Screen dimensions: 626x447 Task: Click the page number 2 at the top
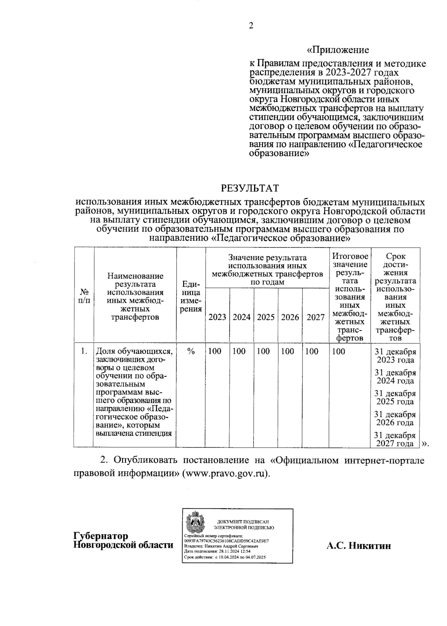[251, 26]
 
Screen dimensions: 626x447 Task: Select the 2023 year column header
[217, 317]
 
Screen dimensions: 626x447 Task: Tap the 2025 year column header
[266, 317]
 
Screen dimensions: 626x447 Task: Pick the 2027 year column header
[315, 317]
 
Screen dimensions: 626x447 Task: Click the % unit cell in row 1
[191, 351]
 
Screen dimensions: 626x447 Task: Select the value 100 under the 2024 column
[239, 351]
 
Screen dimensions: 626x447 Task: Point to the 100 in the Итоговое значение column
[338, 351]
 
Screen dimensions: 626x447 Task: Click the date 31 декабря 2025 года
[395, 397]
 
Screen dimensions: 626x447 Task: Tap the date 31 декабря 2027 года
[395, 439]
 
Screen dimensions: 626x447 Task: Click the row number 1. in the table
[84, 351]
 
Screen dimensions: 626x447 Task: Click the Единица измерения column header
[191, 297]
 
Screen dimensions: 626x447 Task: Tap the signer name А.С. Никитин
[359, 546]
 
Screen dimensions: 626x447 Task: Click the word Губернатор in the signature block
[101, 536]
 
